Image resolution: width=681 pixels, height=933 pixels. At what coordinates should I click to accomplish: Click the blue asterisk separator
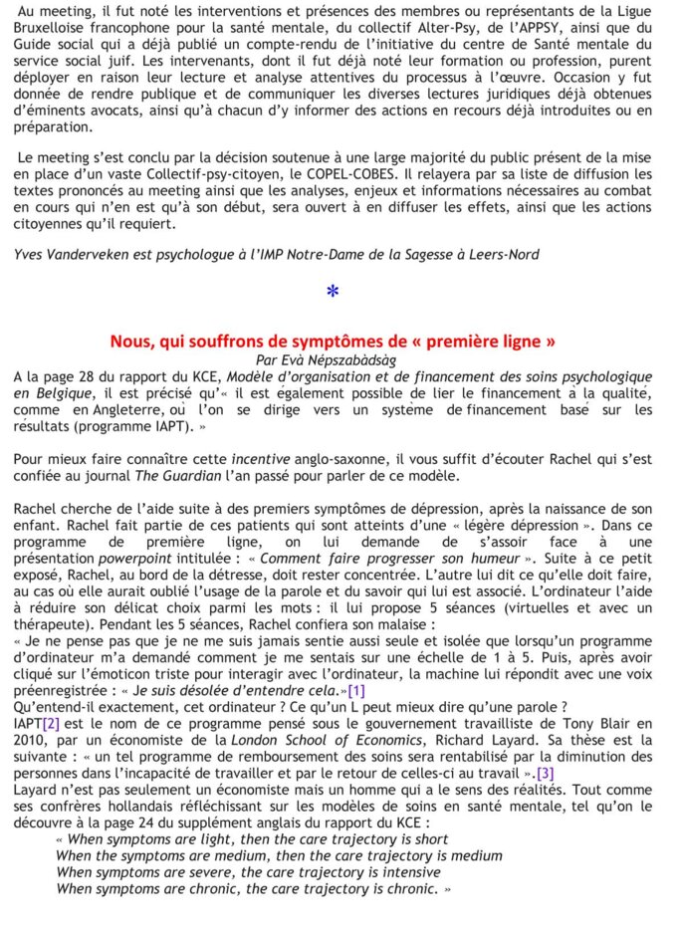click(333, 291)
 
